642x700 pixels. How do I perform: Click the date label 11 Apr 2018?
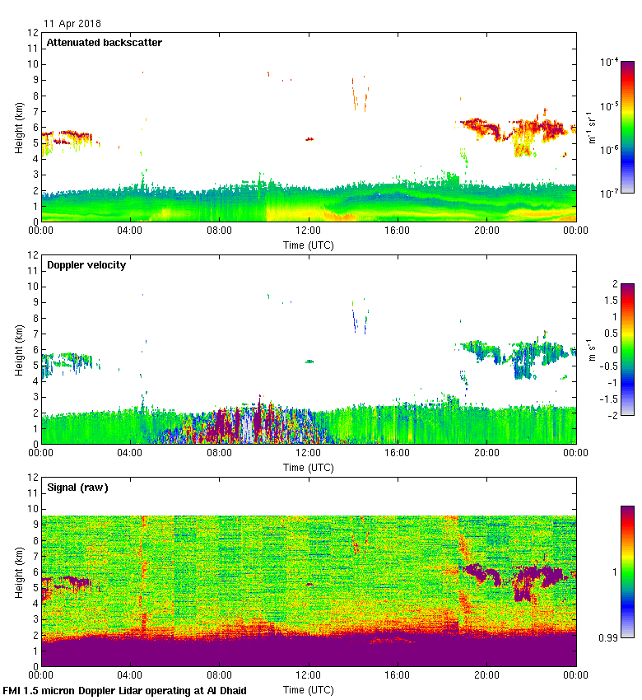72,24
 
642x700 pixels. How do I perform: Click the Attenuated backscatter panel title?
104,42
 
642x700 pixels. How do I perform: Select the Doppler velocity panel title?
86,265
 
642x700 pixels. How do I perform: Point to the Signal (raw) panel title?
77,488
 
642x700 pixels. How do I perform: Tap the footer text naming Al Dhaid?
125,690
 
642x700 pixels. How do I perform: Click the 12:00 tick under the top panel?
309,231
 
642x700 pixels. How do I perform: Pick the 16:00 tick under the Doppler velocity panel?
398,453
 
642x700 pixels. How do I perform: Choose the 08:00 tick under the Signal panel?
220,675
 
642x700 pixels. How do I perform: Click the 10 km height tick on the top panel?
34,64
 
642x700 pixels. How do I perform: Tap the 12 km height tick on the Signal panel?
34,478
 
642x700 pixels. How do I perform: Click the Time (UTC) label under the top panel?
309,245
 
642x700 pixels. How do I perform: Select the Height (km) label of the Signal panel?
18,572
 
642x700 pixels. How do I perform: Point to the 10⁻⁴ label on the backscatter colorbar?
610,63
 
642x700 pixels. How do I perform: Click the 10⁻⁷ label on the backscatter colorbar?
610,193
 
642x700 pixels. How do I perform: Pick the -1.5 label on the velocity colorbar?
608,399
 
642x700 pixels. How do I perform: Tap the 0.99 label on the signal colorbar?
610,637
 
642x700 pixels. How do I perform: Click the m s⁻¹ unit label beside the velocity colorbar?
591,349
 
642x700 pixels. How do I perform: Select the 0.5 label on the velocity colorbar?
608,333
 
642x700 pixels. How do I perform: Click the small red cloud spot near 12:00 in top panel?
309,139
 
